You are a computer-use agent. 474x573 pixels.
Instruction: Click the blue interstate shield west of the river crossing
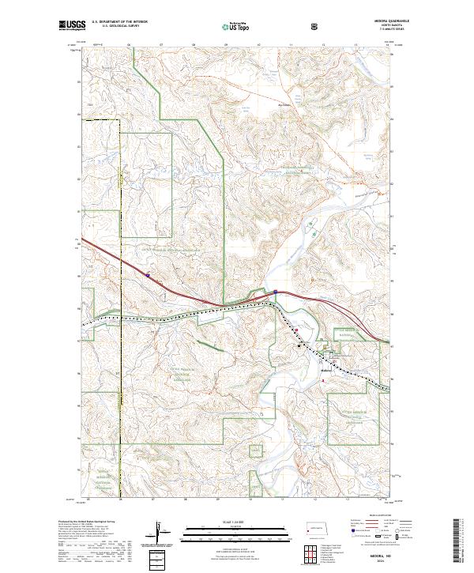pyautogui.click(x=147, y=276)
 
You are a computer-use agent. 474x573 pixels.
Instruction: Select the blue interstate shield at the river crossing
pyautogui.click(x=275, y=292)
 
